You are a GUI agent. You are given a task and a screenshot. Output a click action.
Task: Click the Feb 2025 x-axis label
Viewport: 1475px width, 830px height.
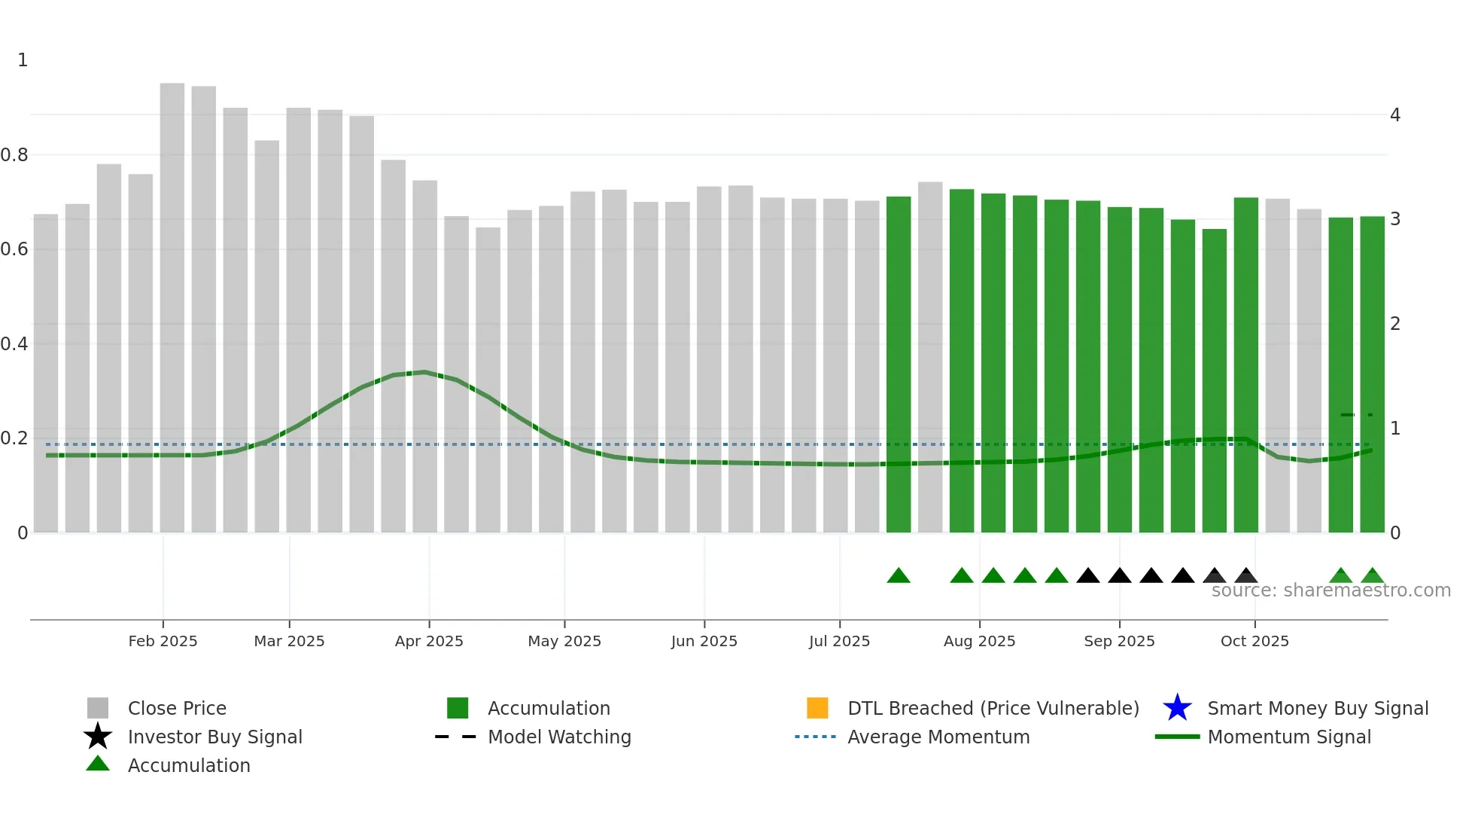click(163, 641)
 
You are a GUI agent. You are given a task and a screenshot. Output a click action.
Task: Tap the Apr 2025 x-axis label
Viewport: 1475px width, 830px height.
click(429, 641)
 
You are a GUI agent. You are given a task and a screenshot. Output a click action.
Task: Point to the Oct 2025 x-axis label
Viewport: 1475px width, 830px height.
click(1255, 641)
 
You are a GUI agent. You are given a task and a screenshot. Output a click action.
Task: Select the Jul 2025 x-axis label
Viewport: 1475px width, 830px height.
click(839, 641)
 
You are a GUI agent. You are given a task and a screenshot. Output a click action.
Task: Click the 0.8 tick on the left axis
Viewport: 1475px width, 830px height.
click(14, 155)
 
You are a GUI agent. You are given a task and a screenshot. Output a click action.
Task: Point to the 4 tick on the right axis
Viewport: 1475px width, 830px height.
click(1395, 115)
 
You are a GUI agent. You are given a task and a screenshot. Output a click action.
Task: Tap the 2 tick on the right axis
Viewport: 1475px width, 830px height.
click(1395, 324)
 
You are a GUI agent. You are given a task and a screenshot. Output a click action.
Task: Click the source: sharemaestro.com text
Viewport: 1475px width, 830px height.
click(1331, 590)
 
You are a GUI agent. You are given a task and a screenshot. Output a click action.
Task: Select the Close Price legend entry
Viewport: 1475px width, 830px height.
click(177, 708)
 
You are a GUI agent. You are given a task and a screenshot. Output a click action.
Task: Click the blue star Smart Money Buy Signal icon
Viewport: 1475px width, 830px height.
click(1177, 708)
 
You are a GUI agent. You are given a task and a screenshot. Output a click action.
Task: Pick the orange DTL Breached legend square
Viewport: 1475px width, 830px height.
click(817, 708)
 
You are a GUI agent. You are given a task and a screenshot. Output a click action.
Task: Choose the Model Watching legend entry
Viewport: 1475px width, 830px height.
click(559, 737)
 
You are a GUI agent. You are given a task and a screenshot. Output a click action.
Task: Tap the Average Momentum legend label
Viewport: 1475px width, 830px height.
click(938, 737)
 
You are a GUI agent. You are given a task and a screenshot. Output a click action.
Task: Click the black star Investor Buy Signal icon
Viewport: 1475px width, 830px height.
click(98, 737)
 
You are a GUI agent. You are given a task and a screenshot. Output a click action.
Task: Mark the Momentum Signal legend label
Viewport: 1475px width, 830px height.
click(1289, 737)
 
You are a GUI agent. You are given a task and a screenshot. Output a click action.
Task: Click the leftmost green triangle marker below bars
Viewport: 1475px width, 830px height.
click(899, 576)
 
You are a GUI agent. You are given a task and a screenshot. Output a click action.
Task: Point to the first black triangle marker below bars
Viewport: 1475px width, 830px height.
click(1088, 576)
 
